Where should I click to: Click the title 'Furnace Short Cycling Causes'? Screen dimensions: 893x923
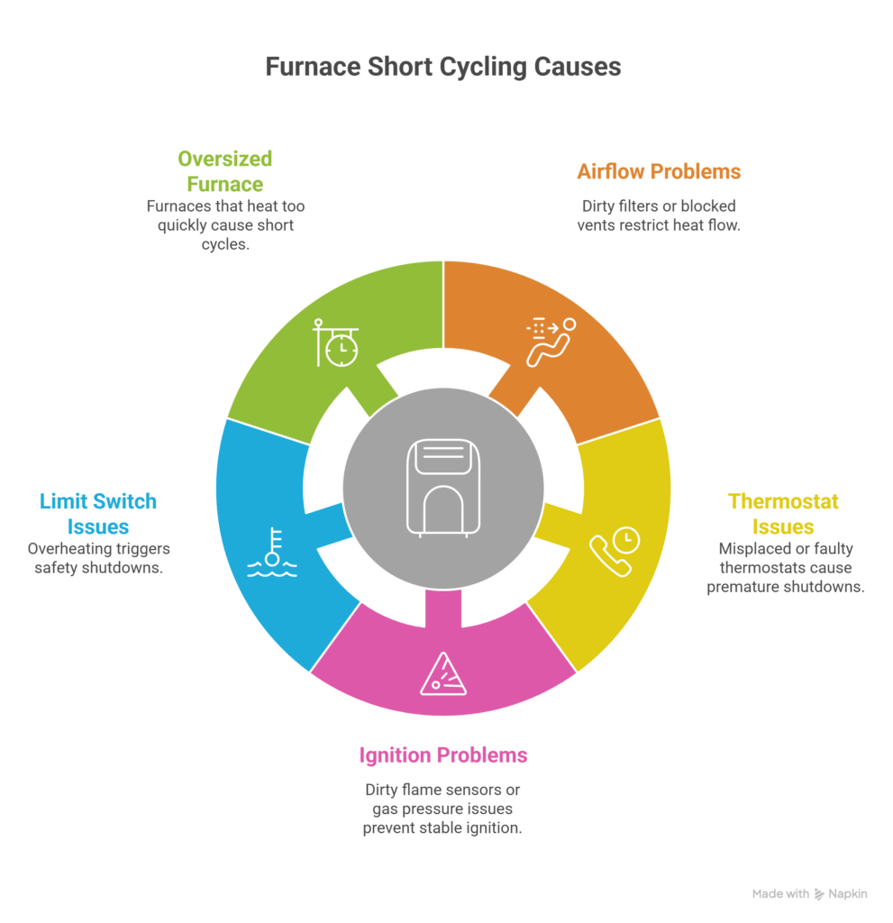click(442, 67)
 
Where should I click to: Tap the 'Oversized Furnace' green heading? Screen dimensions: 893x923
click(225, 171)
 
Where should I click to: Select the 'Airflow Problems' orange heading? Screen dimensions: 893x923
click(659, 171)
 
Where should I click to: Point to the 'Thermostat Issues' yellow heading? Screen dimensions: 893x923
click(783, 513)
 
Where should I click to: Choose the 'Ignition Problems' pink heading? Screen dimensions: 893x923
click(443, 755)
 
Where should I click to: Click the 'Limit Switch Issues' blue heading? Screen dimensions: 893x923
click(98, 513)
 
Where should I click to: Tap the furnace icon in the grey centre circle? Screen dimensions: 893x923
click(443, 488)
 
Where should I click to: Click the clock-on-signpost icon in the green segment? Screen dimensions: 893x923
click(335, 343)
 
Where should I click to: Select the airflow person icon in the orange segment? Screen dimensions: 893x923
click(551, 342)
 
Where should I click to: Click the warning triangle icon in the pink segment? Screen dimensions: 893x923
click(443, 674)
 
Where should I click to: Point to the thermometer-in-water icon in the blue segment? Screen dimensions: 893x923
click(272, 553)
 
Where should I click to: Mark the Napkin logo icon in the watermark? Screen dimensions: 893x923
click(819, 894)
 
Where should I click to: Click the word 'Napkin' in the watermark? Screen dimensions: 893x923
click(848, 893)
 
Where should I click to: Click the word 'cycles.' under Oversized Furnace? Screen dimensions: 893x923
click(225, 244)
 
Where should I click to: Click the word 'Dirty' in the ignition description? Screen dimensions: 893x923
click(380, 790)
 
